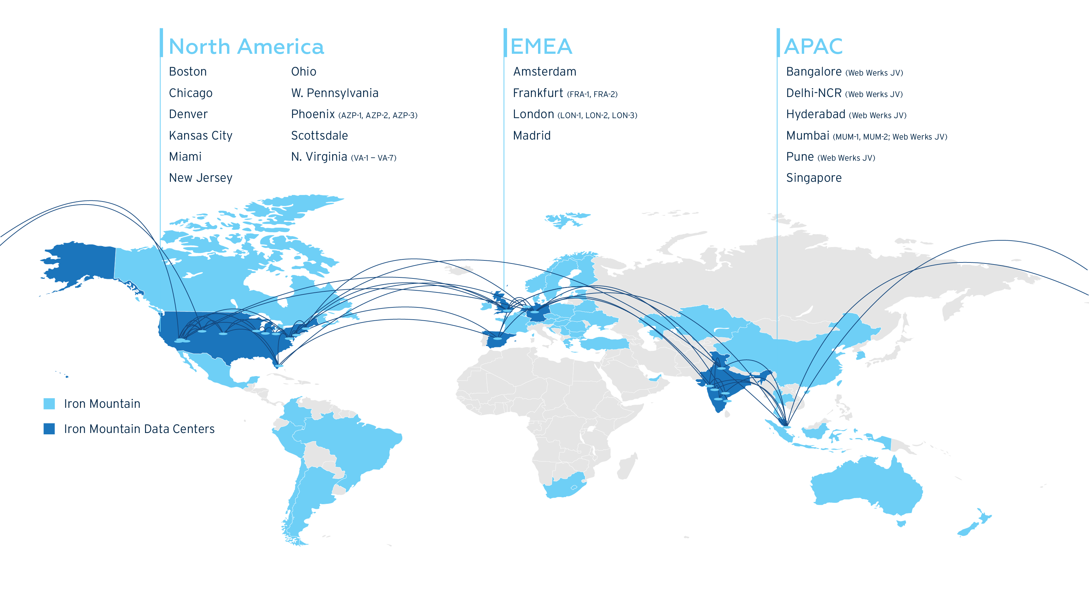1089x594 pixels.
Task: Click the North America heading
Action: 246,47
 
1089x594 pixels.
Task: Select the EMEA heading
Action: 541,47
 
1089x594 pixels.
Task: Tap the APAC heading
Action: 813,47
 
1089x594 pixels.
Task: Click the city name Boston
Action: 188,72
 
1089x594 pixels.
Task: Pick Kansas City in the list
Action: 200,136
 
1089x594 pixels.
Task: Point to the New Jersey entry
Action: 200,178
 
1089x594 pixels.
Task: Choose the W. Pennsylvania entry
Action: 335,93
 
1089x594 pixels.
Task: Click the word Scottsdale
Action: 319,136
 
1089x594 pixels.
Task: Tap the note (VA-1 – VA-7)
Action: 373,158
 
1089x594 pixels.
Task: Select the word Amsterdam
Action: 544,72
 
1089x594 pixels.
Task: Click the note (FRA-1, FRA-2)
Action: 592,94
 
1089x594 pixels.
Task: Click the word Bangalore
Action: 813,72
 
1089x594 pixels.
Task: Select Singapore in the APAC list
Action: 813,178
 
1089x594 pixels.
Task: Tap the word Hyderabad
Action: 815,115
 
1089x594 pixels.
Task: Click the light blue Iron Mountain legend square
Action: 49,404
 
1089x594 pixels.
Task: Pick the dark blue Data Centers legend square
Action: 49,429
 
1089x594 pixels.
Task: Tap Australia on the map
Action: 867,486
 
